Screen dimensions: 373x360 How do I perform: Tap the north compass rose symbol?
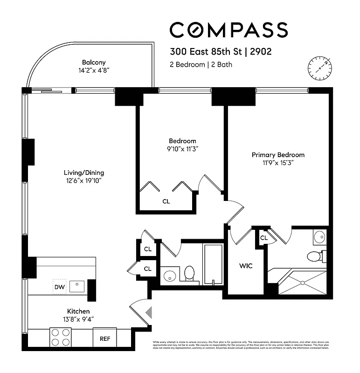(319, 67)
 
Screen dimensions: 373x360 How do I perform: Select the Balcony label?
(94, 62)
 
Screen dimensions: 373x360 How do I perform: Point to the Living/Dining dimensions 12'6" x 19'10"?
(84, 180)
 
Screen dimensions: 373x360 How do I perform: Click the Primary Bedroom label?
(278, 155)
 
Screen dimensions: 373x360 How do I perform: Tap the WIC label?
(246, 266)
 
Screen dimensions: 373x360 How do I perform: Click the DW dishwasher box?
(60, 286)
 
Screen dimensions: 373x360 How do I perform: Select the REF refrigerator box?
(105, 339)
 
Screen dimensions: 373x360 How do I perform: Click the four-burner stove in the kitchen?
(60, 337)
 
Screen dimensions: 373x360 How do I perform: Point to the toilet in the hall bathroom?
(189, 273)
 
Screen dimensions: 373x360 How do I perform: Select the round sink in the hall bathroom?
(170, 275)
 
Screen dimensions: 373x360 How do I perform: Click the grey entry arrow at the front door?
(148, 312)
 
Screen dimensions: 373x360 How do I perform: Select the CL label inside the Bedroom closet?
(166, 201)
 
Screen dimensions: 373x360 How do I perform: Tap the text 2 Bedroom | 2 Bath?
(201, 64)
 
